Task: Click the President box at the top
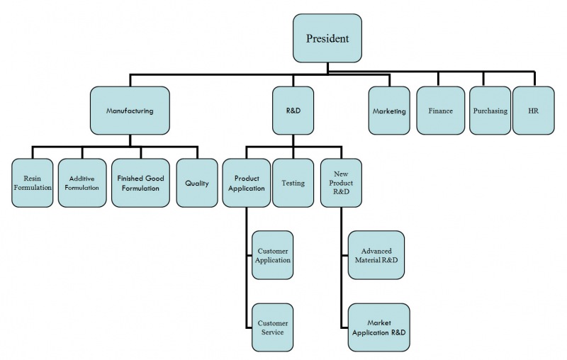coord(327,38)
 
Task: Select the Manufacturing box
coord(130,111)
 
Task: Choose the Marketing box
coord(389,111)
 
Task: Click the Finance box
coord(440,111)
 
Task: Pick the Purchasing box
coord(490,111)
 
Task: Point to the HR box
coord(532,111)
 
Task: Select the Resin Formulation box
coord(33,183)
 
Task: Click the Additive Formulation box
coord(82,183)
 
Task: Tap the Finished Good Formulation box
coord(140,183)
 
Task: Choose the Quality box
coord(197,183)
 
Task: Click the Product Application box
coord(246,183)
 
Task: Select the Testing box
coord(293,183)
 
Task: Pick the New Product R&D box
coord(341,183)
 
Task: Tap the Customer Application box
coord(273,255)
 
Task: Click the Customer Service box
coord(273,327)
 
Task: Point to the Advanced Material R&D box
coord(376,255)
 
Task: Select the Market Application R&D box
coord(379,327)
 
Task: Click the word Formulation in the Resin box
coord(33,188)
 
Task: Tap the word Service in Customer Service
coord(273,332)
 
